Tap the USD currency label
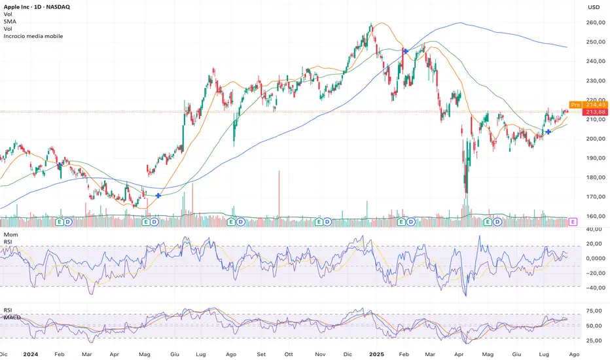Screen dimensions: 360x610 pyautogui.click(x=594, y=7)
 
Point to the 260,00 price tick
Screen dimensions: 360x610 pyautogui.click(x=594, y=23)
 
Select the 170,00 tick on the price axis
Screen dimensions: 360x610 pyautogui.click(x=594, y=196)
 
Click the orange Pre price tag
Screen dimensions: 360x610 pyautogui.click(x=575, y=105)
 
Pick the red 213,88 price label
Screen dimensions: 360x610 pyautogui.click(x=594, y=112)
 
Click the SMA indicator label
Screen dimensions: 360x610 pyautogui.click(x=9, y=22)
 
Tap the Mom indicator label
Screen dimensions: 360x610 pyautogui.click(x=10, y=234)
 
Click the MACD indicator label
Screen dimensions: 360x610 pyautogui.click(x=13, y=318)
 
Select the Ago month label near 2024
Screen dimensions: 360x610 pyautogui.click(x=230, y=352)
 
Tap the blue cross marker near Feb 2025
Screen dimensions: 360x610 pyautogui.click(x=406, y=51)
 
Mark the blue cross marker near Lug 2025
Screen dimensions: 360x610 pyautogui.click(x=548, y=132)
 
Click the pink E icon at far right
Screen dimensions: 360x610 pyautogui.click(x=573, y=222)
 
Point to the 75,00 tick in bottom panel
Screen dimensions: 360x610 pyautogui.click(x=594, y=311)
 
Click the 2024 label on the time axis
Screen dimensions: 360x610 pyautogui.click(x=30, y=352)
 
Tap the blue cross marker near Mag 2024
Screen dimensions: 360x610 pyautogui.click(x=158, y=196)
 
